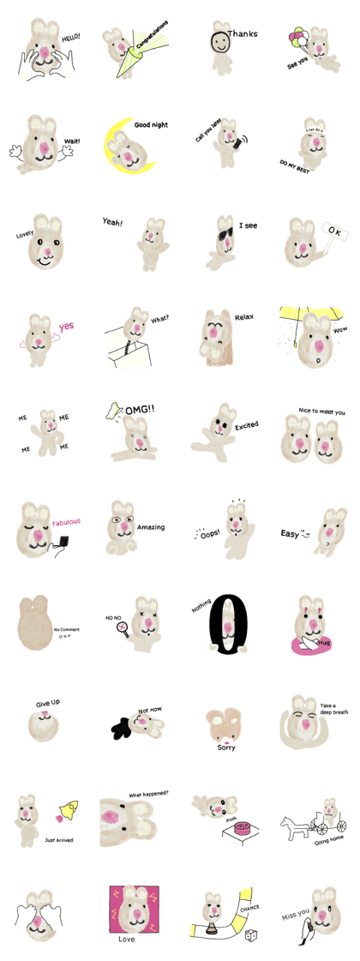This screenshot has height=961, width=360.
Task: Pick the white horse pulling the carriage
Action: coord(293,826)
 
